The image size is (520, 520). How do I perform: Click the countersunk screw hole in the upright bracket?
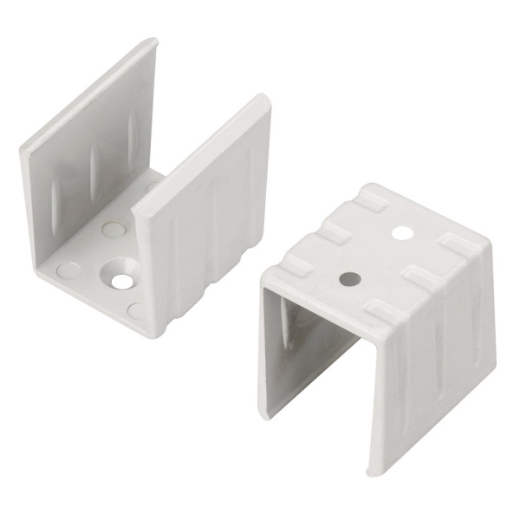[119, 279]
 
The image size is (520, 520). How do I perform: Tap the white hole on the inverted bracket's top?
[401, 232]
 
